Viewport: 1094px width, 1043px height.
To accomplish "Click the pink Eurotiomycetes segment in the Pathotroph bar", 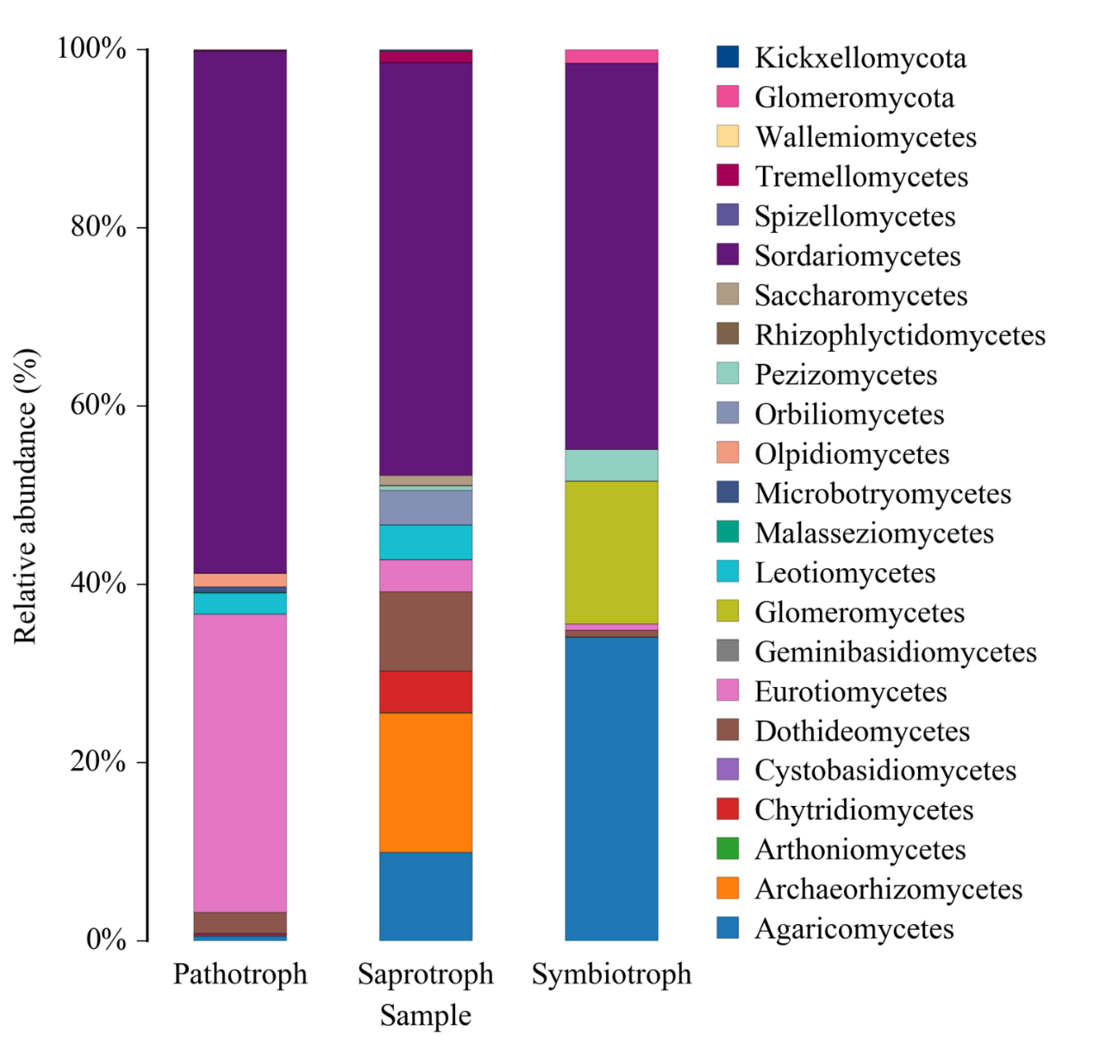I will (240, 762).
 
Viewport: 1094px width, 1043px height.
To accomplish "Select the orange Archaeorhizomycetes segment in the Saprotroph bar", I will (426, 782).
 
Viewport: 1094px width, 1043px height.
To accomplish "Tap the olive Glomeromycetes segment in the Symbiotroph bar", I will (611, 552).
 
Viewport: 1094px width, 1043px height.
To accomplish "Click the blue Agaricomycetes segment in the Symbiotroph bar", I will (611, 788).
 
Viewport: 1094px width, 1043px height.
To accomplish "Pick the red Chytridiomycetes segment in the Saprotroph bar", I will (426, 691).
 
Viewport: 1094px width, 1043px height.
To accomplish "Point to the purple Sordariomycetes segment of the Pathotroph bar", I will (240, 310).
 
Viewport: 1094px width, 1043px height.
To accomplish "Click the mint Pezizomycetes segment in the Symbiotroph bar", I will (611, 465).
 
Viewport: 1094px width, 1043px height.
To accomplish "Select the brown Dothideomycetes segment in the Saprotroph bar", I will (426, 631).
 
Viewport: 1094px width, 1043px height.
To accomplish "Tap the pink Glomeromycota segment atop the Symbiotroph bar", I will (611, 56).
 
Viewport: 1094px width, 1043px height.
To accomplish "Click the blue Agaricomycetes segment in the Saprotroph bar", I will (426, 896).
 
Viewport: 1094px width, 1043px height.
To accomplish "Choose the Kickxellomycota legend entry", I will (860, 58).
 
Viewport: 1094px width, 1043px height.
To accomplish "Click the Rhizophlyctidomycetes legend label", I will (899, 335).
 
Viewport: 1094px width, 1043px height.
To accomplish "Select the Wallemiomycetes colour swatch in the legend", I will (728, 136).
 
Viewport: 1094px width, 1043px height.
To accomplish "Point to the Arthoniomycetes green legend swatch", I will (728, 849).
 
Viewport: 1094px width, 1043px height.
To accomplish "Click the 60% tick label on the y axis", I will (98, 405).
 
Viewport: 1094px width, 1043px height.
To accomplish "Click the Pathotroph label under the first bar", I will (240, 974).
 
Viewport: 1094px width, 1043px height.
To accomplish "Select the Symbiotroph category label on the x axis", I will (611, 974).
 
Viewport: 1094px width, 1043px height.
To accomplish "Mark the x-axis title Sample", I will (426, 1015).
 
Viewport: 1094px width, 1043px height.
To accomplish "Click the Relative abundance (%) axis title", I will (26, 496).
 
